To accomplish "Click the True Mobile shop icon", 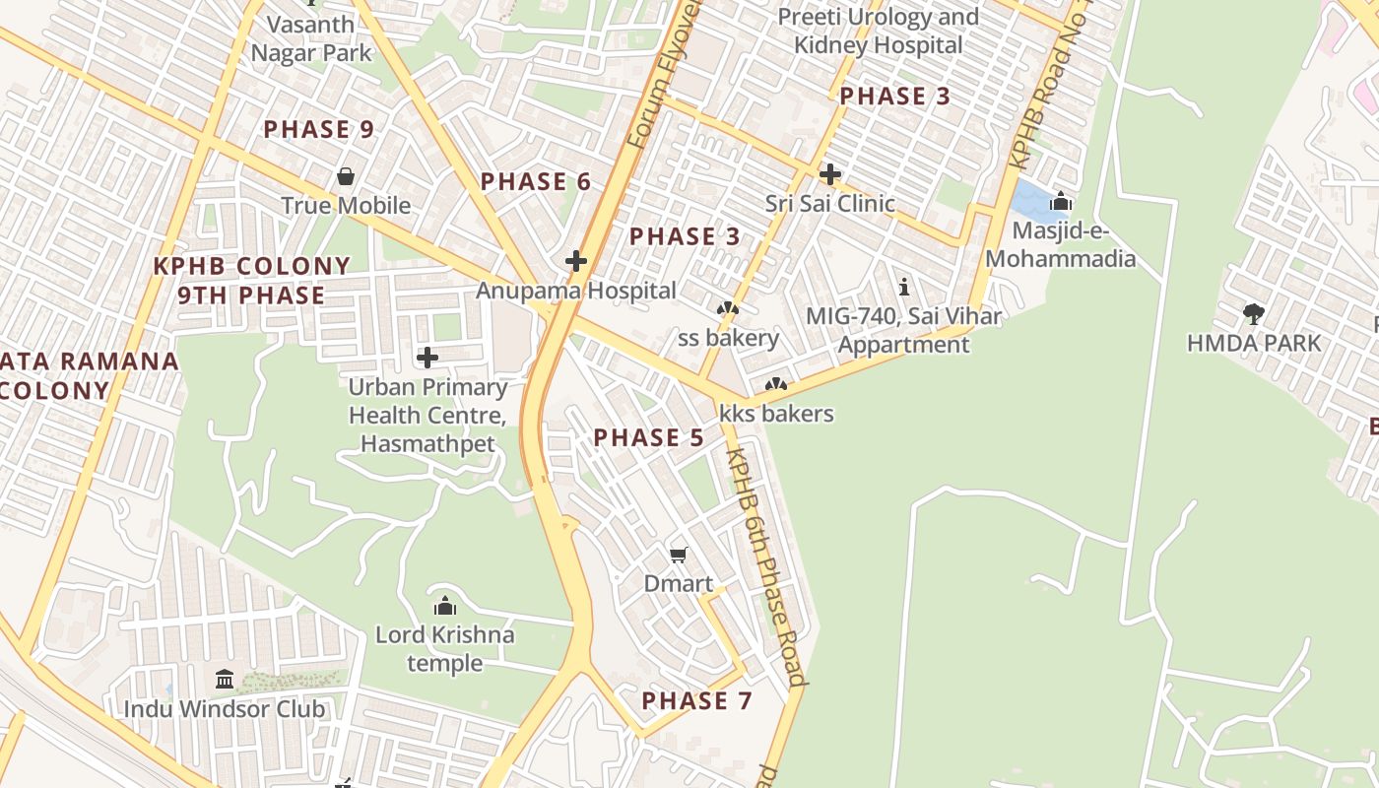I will (x=346, y=176).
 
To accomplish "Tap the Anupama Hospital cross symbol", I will (x=576, y=261).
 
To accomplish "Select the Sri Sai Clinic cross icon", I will (x=830, y=174).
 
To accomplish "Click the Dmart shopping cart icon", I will (x=678, y=556).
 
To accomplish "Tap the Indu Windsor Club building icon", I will (x=225, y=679).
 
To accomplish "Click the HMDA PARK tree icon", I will (x=1253, y=314).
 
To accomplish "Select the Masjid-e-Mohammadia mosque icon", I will (x=1060, y=202).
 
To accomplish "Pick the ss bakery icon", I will (x=728, y=309).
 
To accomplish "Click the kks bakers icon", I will (x=776, y=384).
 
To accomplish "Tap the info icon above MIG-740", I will (x=904, y=287).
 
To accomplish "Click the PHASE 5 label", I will (x=648, y=437).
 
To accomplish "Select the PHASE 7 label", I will (x=696, y=700).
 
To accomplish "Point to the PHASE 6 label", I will (x=536, y=181).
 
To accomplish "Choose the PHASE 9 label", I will (x=319, y=129).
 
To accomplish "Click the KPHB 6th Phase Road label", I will (x=766, y=566).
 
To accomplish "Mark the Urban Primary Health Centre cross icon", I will (x=427, y=357).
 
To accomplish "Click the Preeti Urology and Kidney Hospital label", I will (x=878, y=31).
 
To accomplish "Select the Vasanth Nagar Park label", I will (x=311, y=37).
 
